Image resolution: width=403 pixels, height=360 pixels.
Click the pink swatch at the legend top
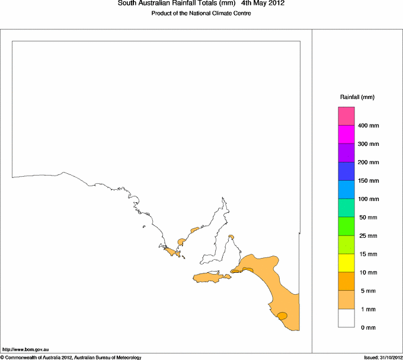(x=346, y=116)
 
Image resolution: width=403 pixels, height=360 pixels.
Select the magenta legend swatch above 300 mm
(x=346, y=135)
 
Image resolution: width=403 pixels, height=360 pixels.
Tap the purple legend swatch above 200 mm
(x=346, y=153)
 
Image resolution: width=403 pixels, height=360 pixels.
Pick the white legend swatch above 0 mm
(x=346, y=318)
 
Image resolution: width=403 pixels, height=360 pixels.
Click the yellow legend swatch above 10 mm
(x=346, y=263)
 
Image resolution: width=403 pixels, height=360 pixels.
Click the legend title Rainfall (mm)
(x=357, y=97)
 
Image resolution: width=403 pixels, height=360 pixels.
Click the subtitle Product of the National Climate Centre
(x=201, y=14)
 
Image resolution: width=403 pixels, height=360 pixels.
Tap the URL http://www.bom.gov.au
(x=25, y=350)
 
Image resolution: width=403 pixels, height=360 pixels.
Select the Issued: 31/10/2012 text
(x=382, y=357)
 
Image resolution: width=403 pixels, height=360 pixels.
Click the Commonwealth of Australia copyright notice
(x=71, y=357)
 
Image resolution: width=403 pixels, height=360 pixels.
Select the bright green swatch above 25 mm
(x=346, y=227)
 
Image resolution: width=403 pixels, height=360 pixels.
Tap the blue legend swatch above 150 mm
(x=346, y=171)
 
